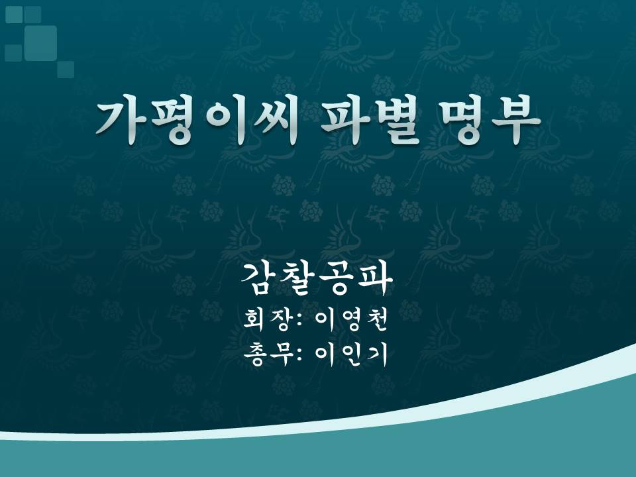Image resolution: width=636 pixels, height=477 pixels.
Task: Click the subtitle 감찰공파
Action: pos(317,278)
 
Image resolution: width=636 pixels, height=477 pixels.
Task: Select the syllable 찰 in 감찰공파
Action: pos(298,278)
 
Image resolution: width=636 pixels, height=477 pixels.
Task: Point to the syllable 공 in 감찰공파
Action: pos(337,278)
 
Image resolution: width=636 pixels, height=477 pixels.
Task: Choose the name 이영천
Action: pos(351,320)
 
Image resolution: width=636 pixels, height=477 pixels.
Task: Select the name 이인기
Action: pos(351,354)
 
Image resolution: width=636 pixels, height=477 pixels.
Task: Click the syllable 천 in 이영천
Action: pos(376,320)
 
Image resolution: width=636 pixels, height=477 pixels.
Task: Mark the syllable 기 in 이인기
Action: pos(376,354)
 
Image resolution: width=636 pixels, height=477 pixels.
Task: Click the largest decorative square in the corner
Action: pos(40,43)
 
